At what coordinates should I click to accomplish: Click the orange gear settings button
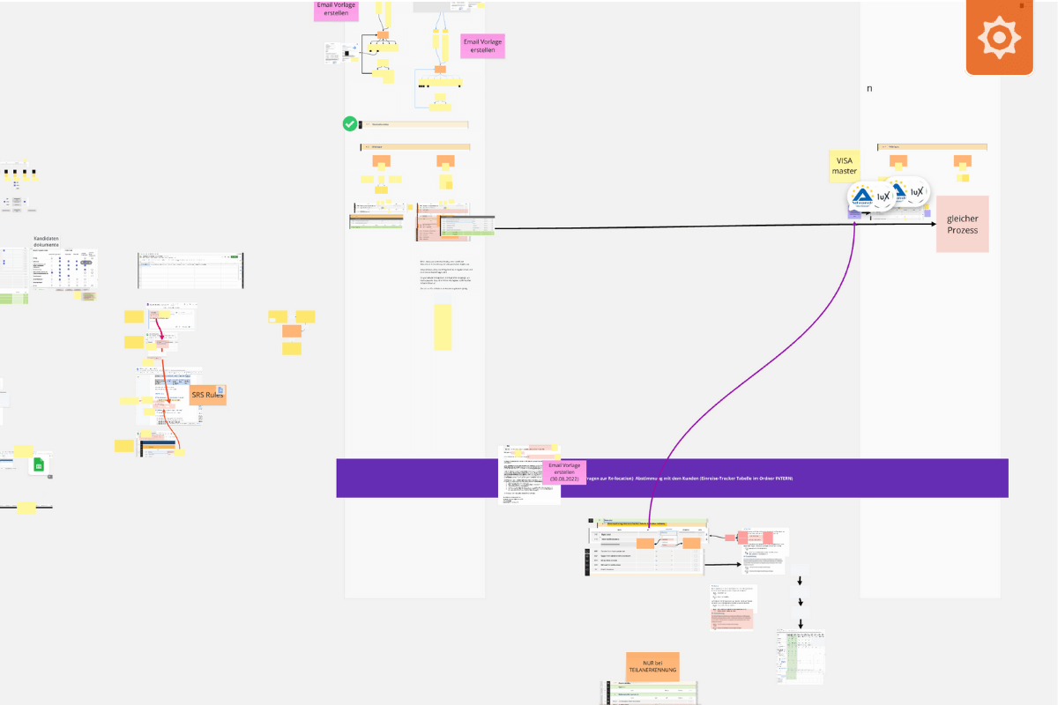(x=999, y=38)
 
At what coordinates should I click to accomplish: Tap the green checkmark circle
(x=350, y=124)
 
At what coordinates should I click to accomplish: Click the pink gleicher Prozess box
(x=962, y=224)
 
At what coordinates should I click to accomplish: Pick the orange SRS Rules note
(x=208, y=395)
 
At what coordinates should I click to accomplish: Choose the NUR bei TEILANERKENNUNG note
(x=653, y=666)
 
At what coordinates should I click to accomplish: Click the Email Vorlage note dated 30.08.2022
(x=565, y=472)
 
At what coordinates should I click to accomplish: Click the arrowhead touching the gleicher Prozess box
(x=932, y=224)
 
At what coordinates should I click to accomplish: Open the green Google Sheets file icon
(x=38, y=465)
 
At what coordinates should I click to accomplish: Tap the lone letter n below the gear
(x=869, y=88)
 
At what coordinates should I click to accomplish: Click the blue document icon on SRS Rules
(x=220, y=390)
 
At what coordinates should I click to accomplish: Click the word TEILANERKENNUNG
(x=653, y=671)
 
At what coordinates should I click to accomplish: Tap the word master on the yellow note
(x=844, y=170)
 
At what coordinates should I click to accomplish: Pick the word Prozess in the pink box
(x=962, y=230)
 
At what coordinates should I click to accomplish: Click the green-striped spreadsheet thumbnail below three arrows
(x=800, y=657)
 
